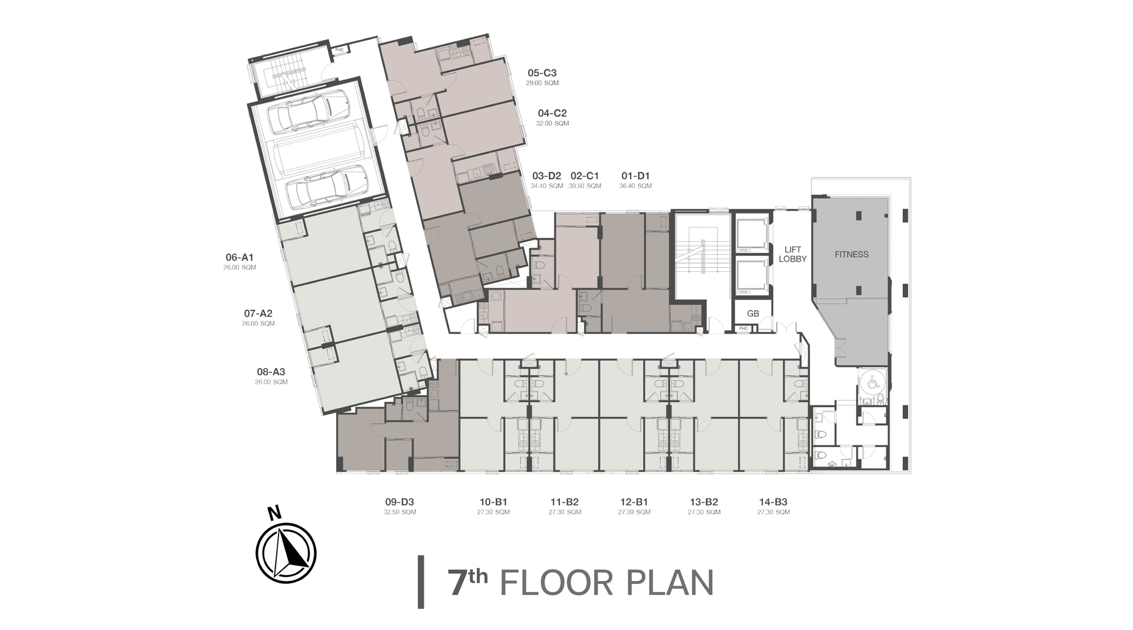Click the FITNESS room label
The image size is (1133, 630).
pos(852,254)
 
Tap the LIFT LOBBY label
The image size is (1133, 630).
pos(793,254)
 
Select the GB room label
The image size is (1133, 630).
pos(752,313)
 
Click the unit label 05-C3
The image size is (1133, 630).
pos(542,73)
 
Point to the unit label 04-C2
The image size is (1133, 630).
pos(552,113)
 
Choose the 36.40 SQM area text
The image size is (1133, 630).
pos(636,186)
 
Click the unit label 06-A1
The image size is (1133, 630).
pos(240,257)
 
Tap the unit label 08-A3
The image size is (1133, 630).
pos(271,372)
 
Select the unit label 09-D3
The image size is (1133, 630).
pos(400,502)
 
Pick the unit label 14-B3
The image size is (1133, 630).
pos(773,502)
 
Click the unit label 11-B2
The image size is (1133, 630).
pos(564,502)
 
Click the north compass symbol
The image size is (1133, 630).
pos(286,553)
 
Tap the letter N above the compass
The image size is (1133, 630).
pos(274,514)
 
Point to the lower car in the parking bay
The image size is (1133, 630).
pos(326,185)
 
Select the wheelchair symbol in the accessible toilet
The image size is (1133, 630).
pos(873,383)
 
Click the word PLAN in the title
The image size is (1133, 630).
pos(666,582)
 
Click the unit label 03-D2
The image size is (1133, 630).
pos(546,176)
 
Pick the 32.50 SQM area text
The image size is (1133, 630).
pos(400,512)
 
